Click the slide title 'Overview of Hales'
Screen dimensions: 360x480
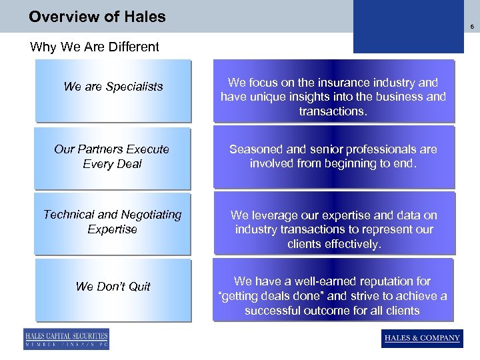[97, 17]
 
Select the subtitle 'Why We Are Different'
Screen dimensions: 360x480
[95, 47]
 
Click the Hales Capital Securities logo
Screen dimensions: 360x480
[66, 339]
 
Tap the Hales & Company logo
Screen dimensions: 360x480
[422, 338]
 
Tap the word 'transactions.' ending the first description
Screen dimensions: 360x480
[333, 111]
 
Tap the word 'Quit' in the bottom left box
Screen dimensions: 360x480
[139, 287]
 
